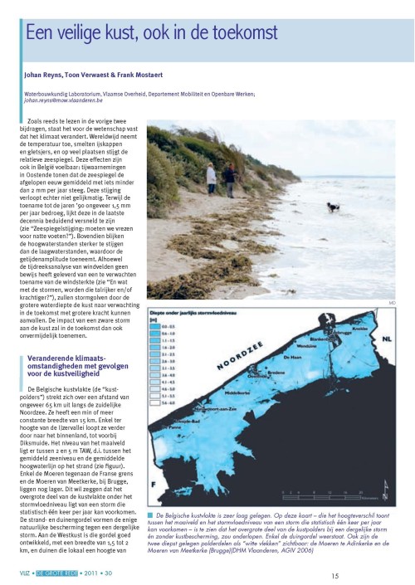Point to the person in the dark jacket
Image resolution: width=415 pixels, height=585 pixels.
pos(228,177)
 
